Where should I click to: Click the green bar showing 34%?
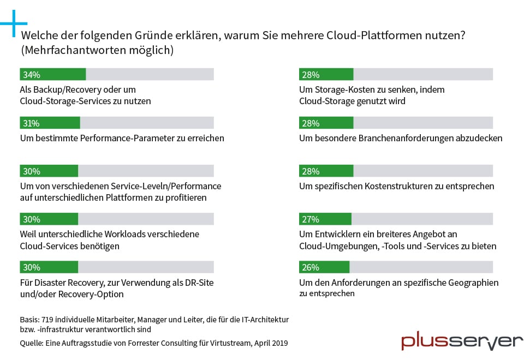(x=52, y=74)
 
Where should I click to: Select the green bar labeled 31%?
(x=50, y=122)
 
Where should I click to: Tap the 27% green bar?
(x=325, y=219)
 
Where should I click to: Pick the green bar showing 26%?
(x=324, y=267)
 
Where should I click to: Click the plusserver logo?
(x=462, y=341)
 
